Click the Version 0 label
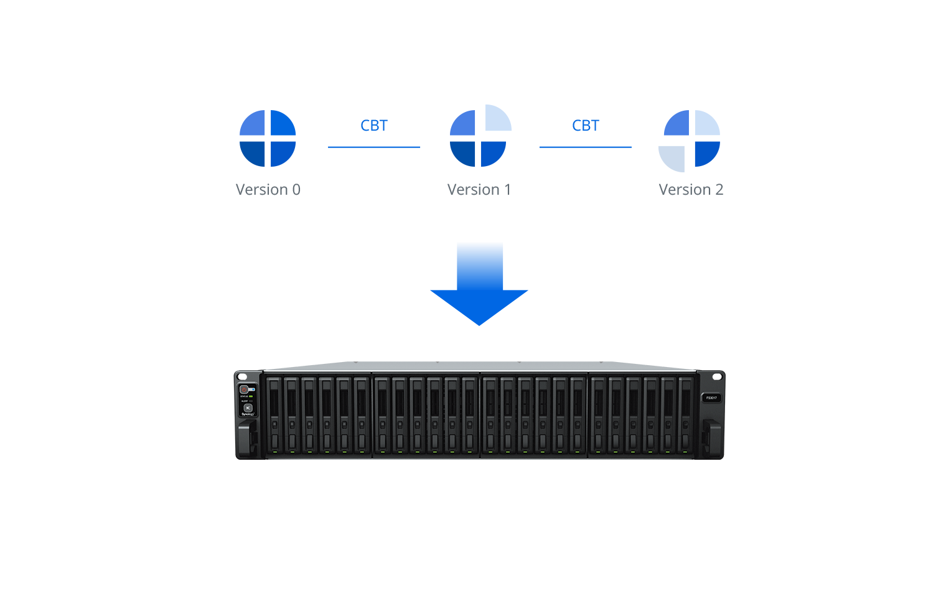pyautogui.click(x=268, y=189)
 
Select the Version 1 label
pyautogui.click(x=479, y=189)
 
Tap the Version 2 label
pyautogui.click(x=691, y=189)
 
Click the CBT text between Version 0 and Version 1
pyautogui.click(x=374, y=126)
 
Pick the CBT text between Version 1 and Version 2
pyautogui.click(x=586, y=126)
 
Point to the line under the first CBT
pyautogui.click(x=374, y=147)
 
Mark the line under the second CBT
pyautogui.click(x=585, y=147)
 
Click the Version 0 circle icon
pyautogui.click(x=268, y=138)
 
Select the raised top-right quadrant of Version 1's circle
pyautogui.click(x=497, y=118)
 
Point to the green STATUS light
pyautogui.click(x=251, y=396)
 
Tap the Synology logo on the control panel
pyautogui.click(x=247, y=414)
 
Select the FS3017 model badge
pyautogui.click(x=711, y=398)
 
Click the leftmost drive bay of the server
pyautogui.click(x=274, y=414)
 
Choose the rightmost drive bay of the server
pyautogui.click(x=686, y=414)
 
